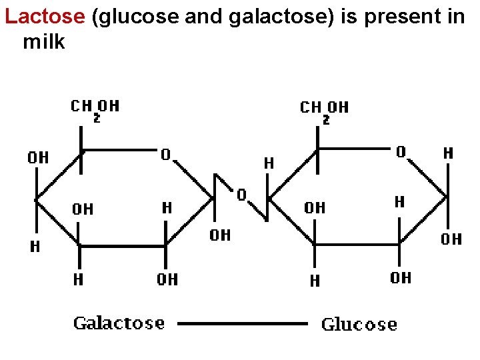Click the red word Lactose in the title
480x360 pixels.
[45, 17]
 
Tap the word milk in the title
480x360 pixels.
[44, 42]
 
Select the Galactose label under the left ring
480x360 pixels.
[119, 323]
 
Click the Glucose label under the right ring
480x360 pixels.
[359, 325]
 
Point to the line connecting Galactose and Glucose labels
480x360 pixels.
[243, 324]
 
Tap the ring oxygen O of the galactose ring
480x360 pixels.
[165, 155]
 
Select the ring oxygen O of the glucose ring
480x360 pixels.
[401, 153]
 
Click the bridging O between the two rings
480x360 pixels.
[242, 195]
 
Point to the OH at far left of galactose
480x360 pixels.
[38, 158]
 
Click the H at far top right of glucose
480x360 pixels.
[449, 154]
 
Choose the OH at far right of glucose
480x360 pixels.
[451, 239]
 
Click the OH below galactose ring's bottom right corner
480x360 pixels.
[167, 279]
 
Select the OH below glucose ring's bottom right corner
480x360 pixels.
[401, 278]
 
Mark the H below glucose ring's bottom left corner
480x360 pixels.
[315, 281]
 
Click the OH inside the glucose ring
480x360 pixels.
[315, 208]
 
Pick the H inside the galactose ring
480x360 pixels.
[167, 208]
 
